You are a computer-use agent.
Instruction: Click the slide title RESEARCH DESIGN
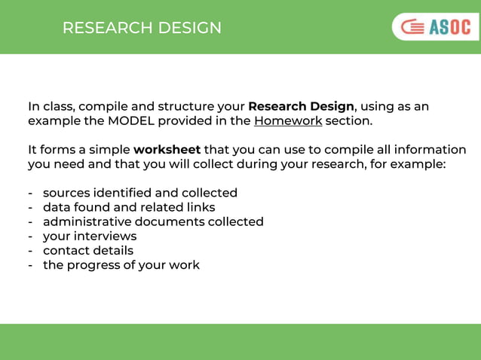[142, 28]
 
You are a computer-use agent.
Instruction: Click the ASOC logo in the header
[436, 27]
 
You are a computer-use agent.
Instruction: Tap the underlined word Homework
[287, 121]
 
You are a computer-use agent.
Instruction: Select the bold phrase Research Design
[301, 106]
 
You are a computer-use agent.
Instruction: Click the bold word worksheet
[167, 149]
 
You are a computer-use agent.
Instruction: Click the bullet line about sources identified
[139, 193]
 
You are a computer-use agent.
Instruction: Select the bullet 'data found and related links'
[128, 207]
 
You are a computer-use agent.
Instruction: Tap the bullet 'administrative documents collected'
[153, 221]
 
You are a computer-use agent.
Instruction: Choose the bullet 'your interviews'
[90, 236]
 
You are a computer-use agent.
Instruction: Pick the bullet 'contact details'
[87, 250]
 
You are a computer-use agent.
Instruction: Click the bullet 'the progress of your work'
[121, 264]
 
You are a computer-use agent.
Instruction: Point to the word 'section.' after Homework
[349, 121]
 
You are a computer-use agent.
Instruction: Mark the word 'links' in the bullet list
[200, 207]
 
